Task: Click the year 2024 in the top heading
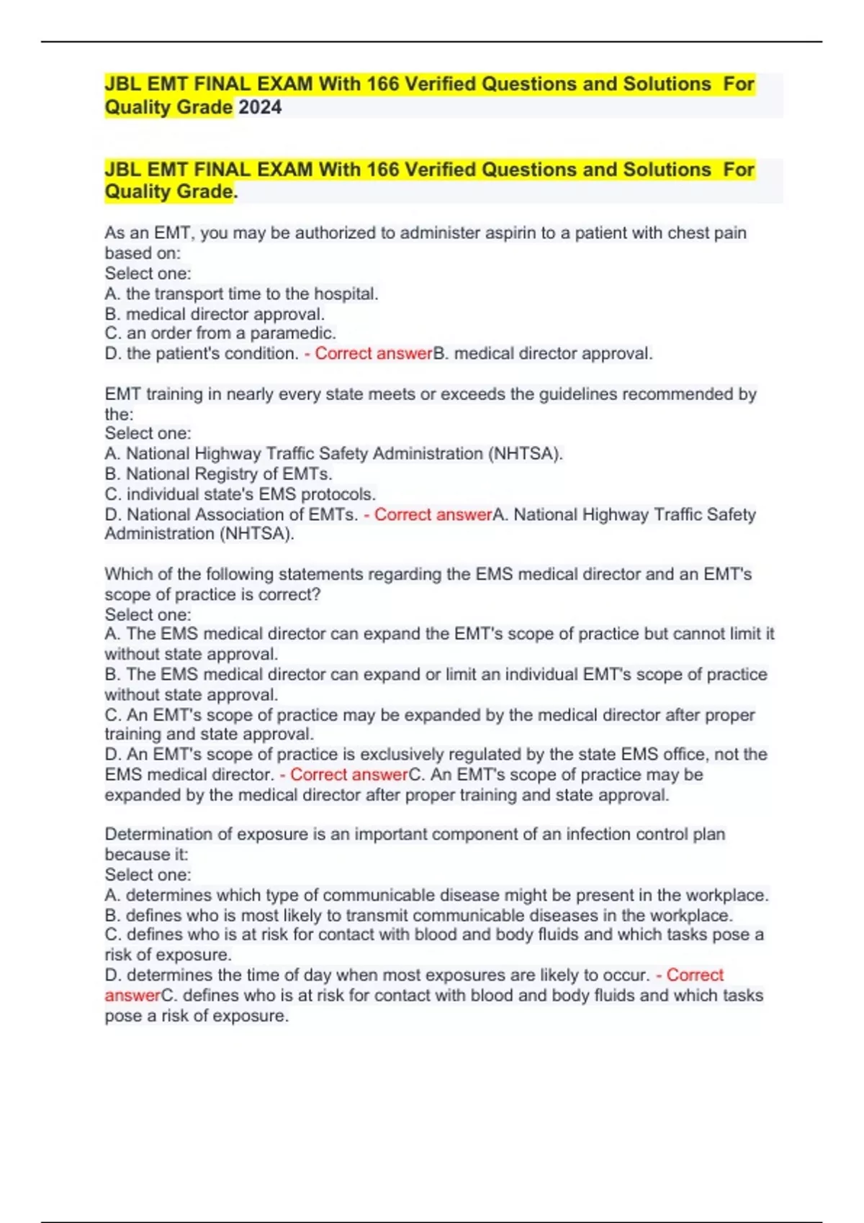260,108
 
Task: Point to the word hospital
345,294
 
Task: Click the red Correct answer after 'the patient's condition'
374,354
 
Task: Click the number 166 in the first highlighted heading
382,84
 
